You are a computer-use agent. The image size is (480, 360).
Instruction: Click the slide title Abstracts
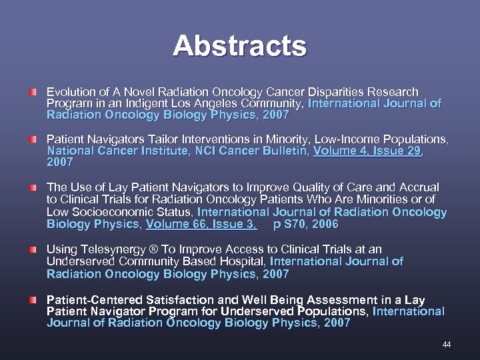[x=239, y=46]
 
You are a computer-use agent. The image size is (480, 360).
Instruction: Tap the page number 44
[x=447, y=344]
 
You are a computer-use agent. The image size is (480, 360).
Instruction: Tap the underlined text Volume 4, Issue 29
[x=367, y=151]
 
